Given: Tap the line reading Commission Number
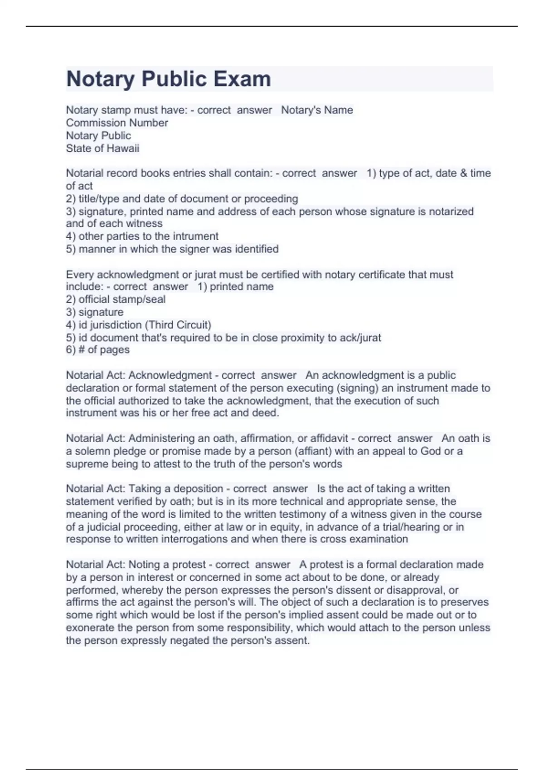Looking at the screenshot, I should tap(117, 123).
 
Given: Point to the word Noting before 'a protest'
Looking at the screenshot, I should tap(143, 565).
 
